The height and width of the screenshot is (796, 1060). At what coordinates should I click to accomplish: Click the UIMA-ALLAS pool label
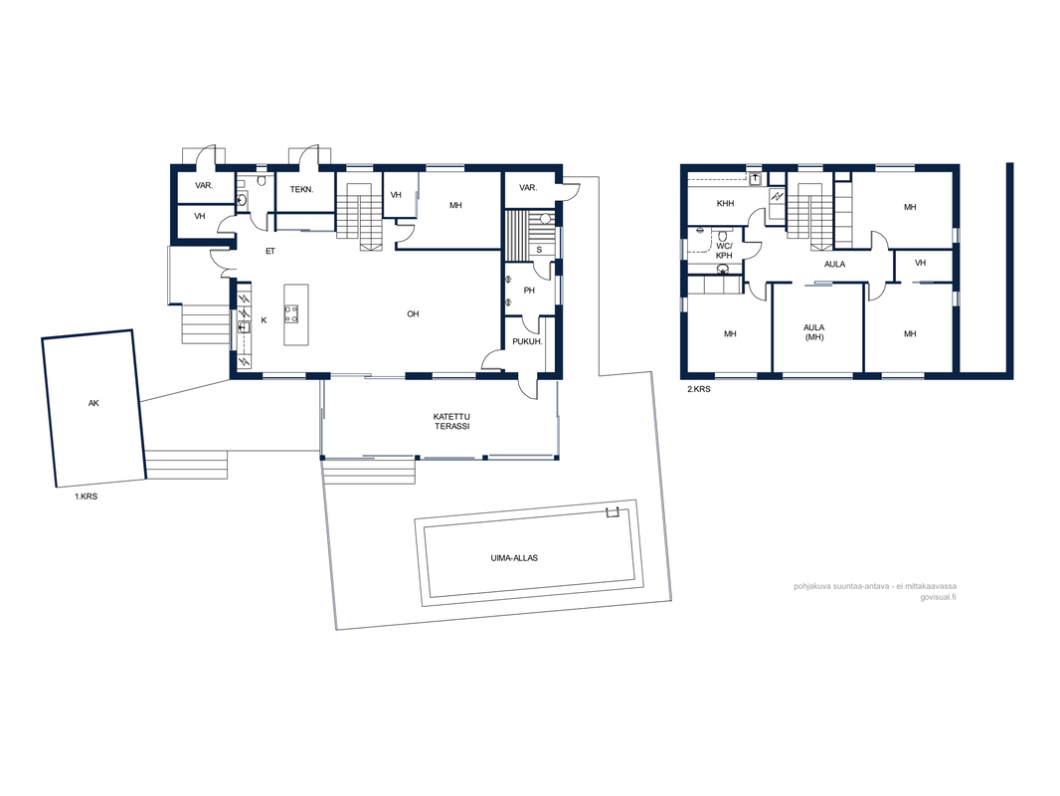coord(514,558)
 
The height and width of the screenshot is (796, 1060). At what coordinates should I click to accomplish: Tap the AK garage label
coord(93,403)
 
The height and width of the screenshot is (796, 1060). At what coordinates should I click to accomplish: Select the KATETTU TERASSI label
coord(451,421)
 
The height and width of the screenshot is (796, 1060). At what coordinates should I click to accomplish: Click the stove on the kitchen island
coord(291,313)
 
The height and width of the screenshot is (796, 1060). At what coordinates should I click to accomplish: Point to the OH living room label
coord(413,313)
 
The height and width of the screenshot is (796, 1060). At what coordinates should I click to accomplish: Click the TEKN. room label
coord(301,189)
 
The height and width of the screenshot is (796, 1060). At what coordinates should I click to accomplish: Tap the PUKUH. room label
coord(527,341)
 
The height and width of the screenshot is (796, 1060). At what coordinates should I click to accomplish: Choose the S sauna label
coord(539,250)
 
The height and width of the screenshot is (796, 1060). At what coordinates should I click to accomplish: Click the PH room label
coord(529,291)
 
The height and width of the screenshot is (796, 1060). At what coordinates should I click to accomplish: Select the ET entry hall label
coord(270,251)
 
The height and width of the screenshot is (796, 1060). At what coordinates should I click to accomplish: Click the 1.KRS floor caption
coord(86,497)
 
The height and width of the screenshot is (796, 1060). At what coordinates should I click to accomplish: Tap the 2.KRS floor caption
coord(699,390)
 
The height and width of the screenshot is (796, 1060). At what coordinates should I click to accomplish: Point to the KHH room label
coord(725,204)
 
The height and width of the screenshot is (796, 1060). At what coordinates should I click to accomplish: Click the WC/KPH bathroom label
coord(724,251)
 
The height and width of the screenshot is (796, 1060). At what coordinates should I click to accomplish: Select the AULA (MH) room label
coord(814,332)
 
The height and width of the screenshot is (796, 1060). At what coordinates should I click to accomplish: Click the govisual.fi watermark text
coord(938,597)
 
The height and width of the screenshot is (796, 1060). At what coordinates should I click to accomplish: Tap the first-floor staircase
coord(360,210)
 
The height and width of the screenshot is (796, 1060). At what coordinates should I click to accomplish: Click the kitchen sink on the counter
coord(244,326)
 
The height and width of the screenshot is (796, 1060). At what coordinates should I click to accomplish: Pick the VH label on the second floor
coord(920,263)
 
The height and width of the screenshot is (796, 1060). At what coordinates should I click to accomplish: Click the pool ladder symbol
coord(613,512)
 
